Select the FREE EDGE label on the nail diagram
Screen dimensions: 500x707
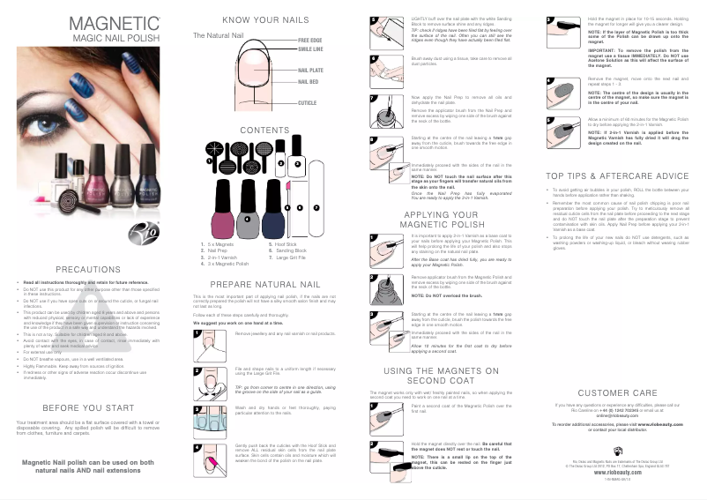310,41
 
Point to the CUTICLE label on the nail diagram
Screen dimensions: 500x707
307,103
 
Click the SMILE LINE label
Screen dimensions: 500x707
310,50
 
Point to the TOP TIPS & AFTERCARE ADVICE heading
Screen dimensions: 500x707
617,175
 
